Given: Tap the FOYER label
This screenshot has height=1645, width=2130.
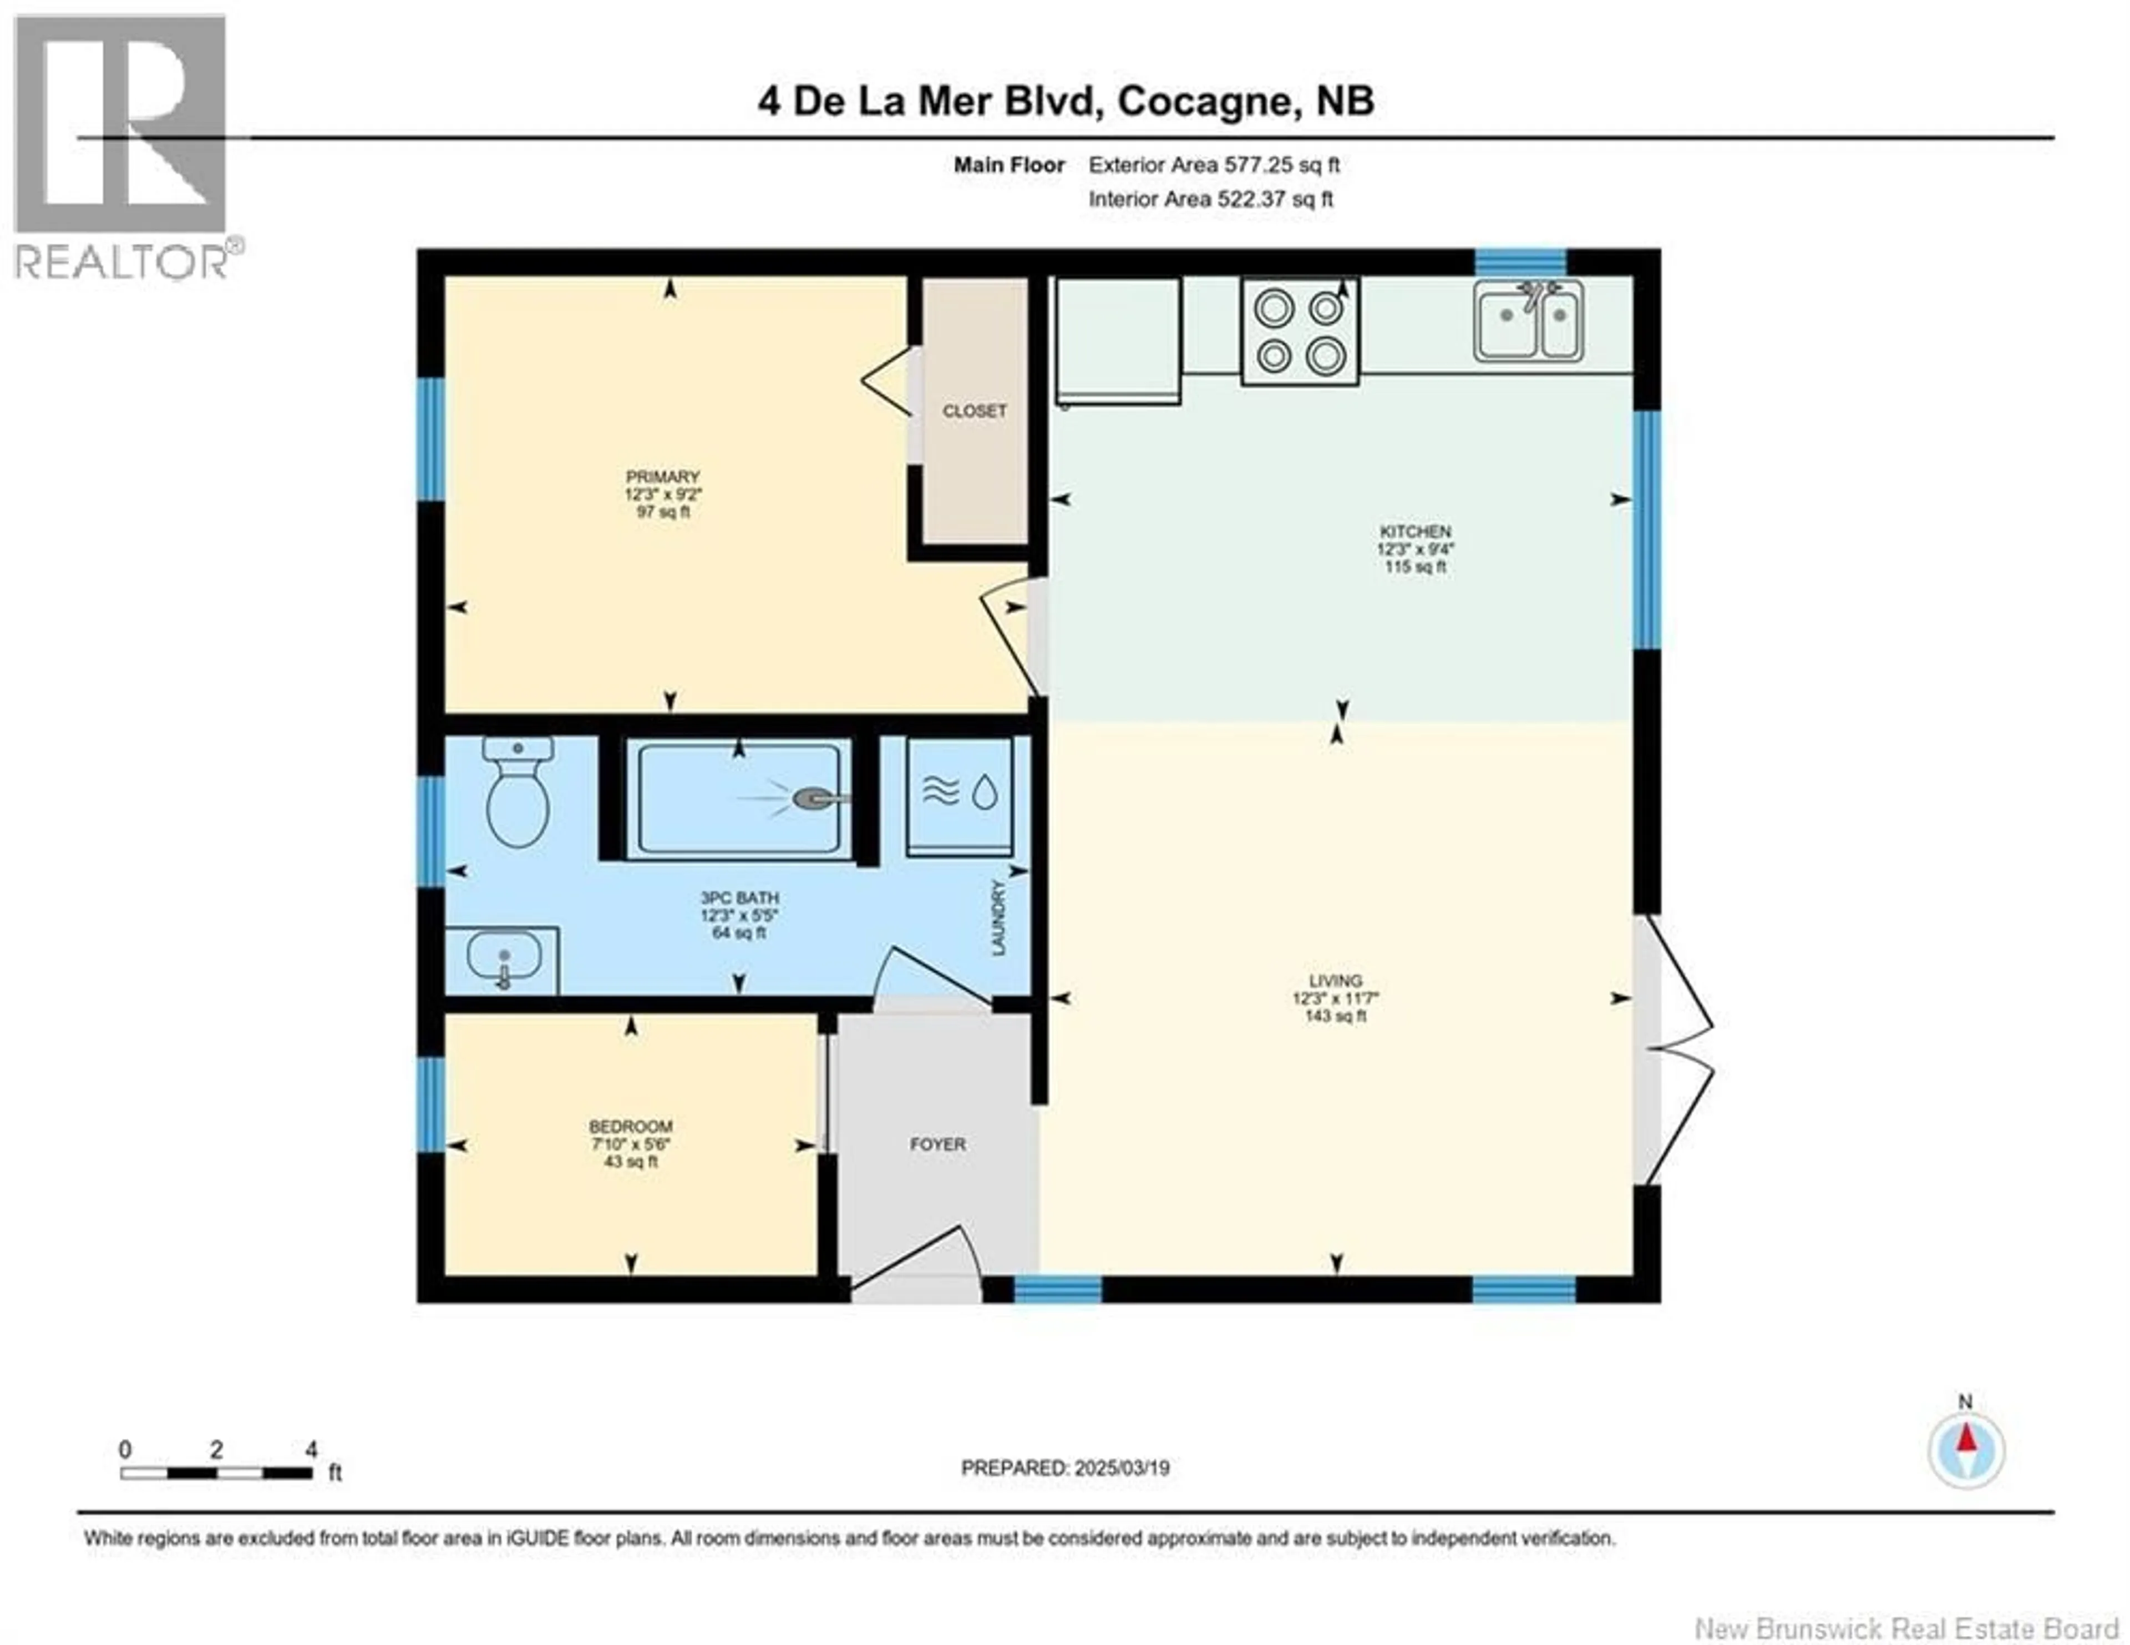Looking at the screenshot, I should (937, 1143).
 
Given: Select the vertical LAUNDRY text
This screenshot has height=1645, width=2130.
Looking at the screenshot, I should (998, 918).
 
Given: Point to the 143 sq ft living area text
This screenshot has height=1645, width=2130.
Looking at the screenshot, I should (1335, 1016).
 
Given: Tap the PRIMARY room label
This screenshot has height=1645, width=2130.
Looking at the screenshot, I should (663, 476).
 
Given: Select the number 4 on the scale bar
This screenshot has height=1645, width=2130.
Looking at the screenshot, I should (311, 1450).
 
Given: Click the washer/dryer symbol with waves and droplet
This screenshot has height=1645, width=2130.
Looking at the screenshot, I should (961, 793).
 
